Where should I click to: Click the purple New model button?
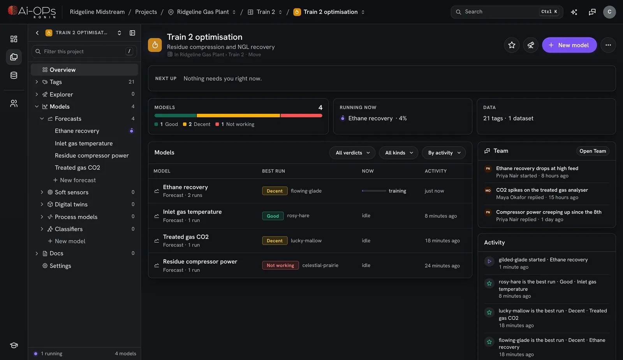(x=569, y=45)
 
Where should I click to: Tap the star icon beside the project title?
(x=512, y=45)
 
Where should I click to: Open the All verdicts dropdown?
(x=352, y=153)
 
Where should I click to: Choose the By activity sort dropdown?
(x=443, y=153)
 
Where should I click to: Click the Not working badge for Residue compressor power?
(x=280, y=265)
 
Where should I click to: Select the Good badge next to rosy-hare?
(x=273, y=216)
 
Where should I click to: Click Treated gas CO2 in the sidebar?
(x=77, y=168)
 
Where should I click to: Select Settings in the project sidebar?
(x=60, y=266)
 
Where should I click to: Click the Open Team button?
(x=592, y=151)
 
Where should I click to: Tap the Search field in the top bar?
(x=507, y=12)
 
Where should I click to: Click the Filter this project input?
(x=84, y=51)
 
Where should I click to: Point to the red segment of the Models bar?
(x=301, y=115)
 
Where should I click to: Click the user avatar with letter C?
(x=609, y=12)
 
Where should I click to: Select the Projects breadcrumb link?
(x=146, y=12)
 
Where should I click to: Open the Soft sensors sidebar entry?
(x=72, y=192)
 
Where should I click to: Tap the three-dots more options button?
(x=608, y=45)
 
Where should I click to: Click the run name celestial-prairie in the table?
(x=320, y=265)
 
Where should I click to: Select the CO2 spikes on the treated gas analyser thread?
(x=542, y=190)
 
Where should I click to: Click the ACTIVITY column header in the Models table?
(x=436, y=171)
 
